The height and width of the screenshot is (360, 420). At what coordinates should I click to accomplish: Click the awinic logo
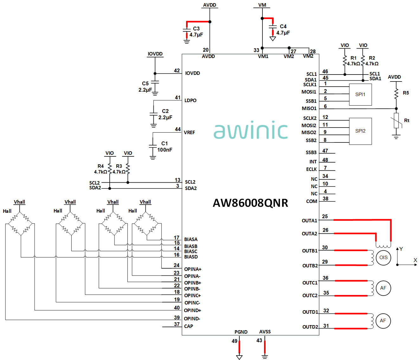[250, 130]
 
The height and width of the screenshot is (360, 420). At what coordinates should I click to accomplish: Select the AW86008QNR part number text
[250, 203]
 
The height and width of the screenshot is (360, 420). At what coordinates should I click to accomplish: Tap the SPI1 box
[360, 95]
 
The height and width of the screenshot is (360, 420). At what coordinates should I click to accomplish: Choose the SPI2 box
[360, 131]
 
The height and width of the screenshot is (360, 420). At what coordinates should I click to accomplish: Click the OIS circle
[383, 258]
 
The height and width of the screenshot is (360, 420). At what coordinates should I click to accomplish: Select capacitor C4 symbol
[273, 27]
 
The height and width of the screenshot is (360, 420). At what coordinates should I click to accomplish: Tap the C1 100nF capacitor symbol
[153, 147]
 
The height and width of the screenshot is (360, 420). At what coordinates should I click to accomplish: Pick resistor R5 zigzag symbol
[396, 94]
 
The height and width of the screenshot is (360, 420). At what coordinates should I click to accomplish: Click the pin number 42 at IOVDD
[177, 70]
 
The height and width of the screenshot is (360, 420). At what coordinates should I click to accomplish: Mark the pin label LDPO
[191, 101]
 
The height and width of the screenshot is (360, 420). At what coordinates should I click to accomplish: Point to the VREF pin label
[189, 133]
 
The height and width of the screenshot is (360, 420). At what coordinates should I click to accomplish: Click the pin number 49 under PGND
[235, 341]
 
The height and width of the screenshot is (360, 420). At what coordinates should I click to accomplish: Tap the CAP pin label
[189, 326]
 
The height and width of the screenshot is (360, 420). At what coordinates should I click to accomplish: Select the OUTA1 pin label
[309, 221]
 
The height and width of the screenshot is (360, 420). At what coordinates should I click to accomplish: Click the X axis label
[415, 260]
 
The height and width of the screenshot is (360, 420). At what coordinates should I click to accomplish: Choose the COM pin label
[312, 201]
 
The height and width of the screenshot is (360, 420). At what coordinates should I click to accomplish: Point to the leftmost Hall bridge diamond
[20, 224]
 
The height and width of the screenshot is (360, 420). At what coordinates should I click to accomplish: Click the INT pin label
[313, 162]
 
